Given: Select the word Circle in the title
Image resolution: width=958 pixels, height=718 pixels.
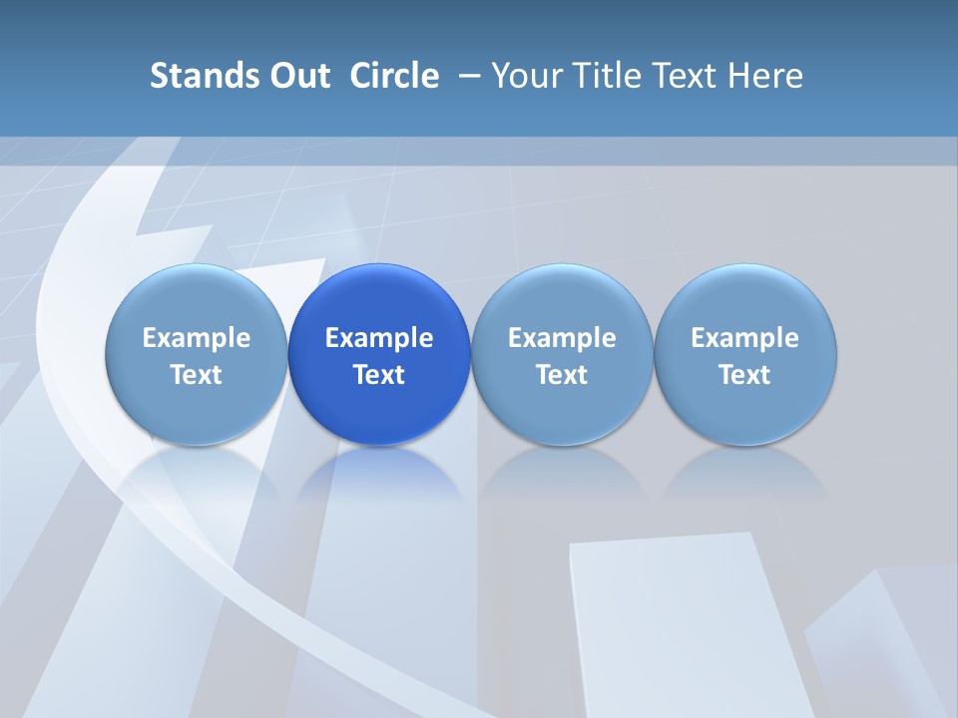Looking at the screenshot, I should click(394, 76).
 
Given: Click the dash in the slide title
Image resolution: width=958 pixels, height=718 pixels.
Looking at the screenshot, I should click(466, 76).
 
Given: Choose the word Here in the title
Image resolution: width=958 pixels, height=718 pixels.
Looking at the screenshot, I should click(765, 76).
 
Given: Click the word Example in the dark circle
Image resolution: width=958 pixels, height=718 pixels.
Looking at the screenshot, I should click(379, 339).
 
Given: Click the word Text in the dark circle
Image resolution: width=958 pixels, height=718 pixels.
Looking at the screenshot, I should click(379, 375).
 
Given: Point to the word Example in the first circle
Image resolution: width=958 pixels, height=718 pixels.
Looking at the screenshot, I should click(196, 339).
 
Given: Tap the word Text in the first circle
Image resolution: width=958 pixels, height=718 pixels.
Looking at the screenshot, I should click(196, 375).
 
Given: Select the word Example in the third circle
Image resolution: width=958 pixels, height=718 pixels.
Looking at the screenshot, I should click(562, 339).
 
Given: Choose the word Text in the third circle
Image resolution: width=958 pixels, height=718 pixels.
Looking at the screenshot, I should click(562, 375).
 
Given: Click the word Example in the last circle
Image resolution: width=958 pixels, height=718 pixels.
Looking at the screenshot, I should click(745, 339).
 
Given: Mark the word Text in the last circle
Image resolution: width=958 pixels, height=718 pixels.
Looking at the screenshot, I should click(745, 375).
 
